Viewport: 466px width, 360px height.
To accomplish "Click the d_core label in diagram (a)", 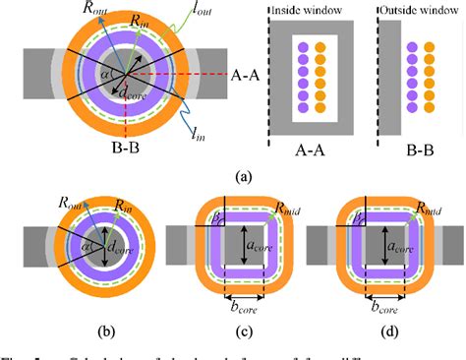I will click(131, 92).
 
